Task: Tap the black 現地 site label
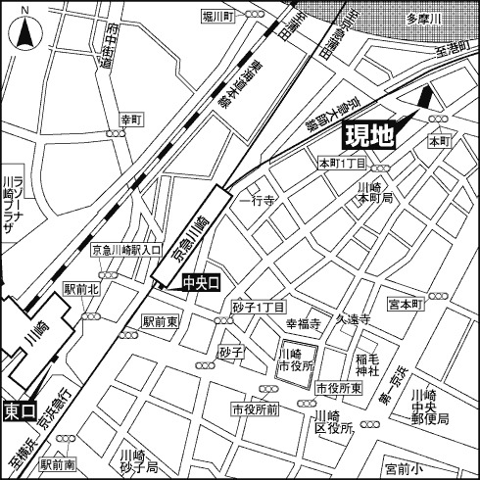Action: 367,135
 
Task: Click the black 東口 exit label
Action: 19,409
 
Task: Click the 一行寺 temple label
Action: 264,200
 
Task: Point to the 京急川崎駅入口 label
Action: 126,251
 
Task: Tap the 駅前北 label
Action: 81,290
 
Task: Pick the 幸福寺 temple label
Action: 304,322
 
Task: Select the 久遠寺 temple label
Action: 352,319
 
